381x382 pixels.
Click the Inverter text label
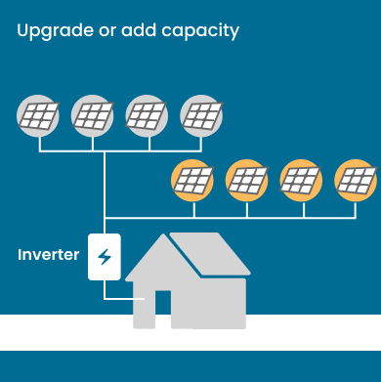pos(48,255)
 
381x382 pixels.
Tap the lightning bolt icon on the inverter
pos(105,258)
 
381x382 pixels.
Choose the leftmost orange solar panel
pos(192,180)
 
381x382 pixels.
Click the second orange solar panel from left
pos(246,180)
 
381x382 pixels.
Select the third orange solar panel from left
pos(301,180)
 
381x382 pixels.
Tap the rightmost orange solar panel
pos(355,180)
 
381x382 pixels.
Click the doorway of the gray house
pos(163,310)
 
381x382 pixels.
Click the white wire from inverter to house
pos(115,300)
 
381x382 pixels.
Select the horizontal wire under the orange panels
pos(244,216)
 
